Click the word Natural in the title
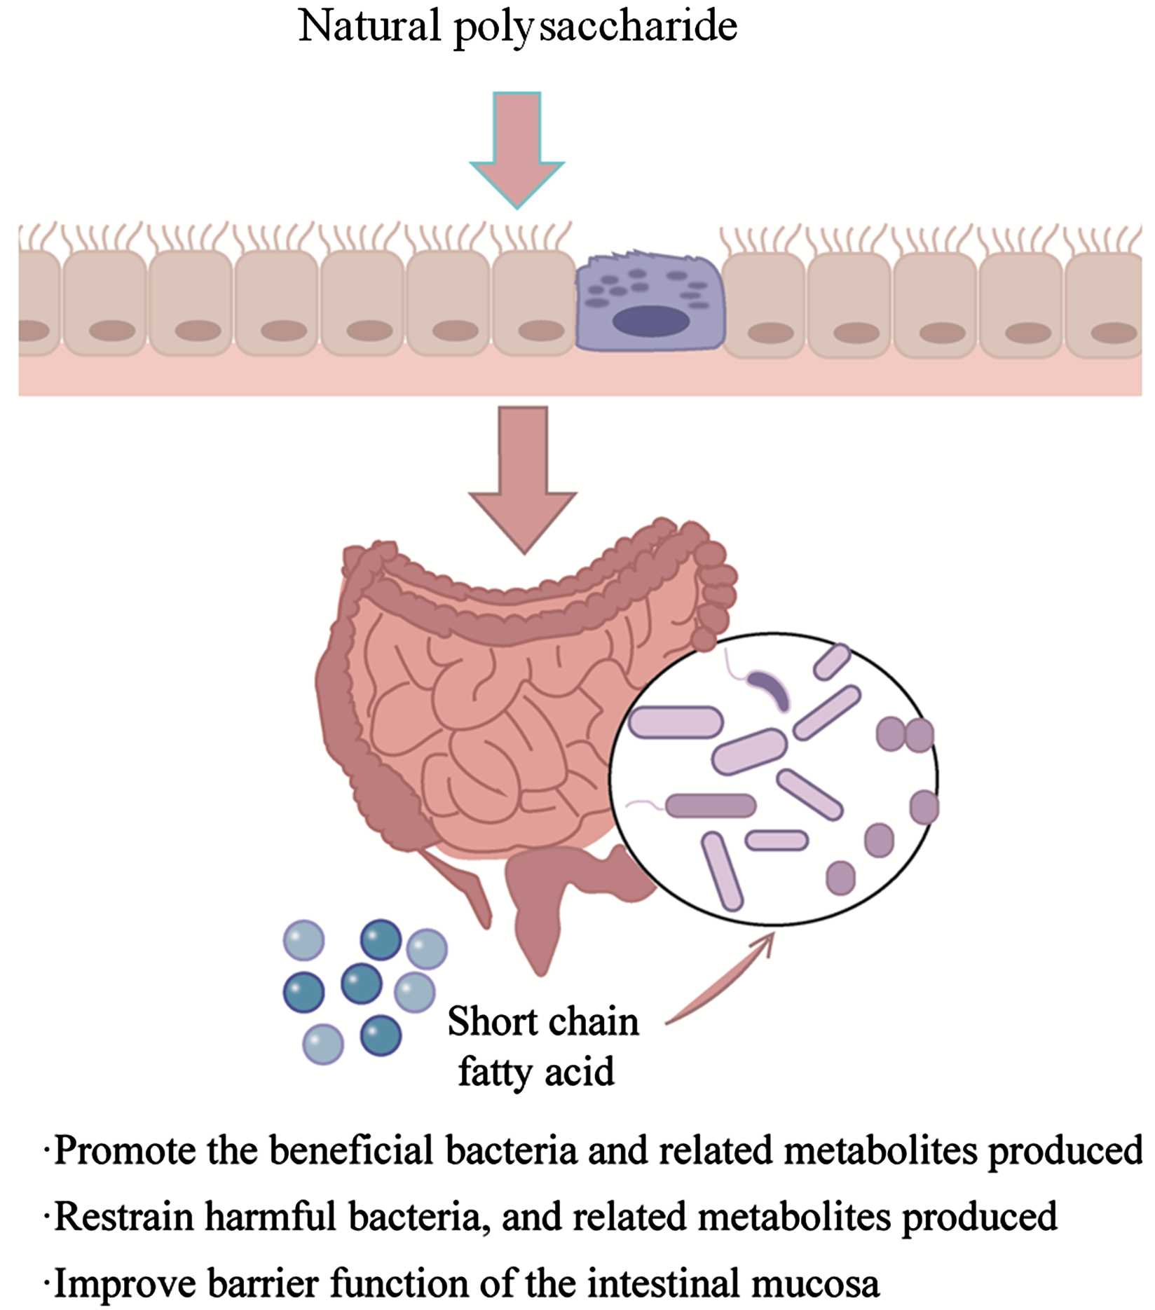[x=369, y=27]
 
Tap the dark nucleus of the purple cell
[x=650, y=322]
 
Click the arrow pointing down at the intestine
[x=523, y=476]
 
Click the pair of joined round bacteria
[x=905, y=734]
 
